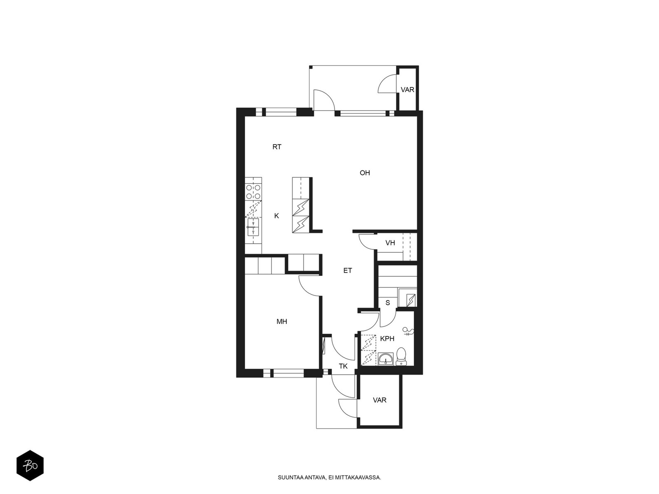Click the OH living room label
pyautogui.click(x=365, y=173)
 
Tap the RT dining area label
pyautogui.click(x=276, y=147)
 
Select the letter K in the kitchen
pyautogui.click(x=276, y=216)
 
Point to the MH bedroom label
pyautogui.click(x=282, y=322)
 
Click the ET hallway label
pyautogui.click(x=347, y=270)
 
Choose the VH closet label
pyautogui.click(x=390, y=243)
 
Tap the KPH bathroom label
pyautogui.click(x=387, y=339)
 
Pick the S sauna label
pyautogui.click(x=388, y=303)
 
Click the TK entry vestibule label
pyautogui.click(x=343, y=366)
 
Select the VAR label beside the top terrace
pyautogui.click(x=407, y=90)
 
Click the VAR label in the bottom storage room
pyautogui.click(x=379, y=400)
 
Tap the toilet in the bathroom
pyautogui.click(x=401, y=357)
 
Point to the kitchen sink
pyautogui.click(x=253, y=227)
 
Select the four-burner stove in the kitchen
pyautogui.click(x=253, y=192)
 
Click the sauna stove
pyautogui.click(x=410, y=300)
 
